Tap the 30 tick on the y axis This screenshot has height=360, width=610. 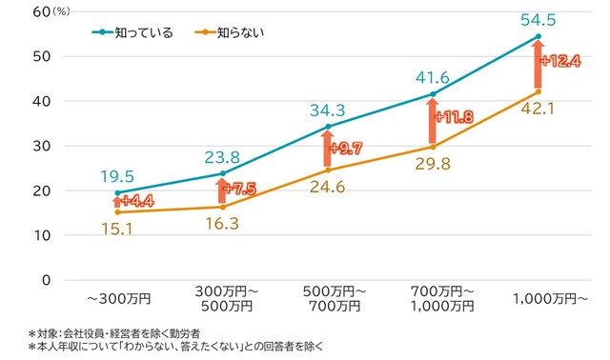click(x=41, y=146)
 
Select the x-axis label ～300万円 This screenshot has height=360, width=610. click(x=117, y=298)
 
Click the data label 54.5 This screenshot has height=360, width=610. click(x=538, y=18)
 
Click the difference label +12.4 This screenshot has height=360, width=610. click(x=559, y=61)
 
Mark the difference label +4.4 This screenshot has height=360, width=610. click(x=139, y=201)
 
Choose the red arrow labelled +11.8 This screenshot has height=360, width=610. click(x=432, y=120)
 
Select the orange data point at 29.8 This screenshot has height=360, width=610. click(x=433, y=147)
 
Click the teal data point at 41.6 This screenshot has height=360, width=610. click(x=433, y=94)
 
